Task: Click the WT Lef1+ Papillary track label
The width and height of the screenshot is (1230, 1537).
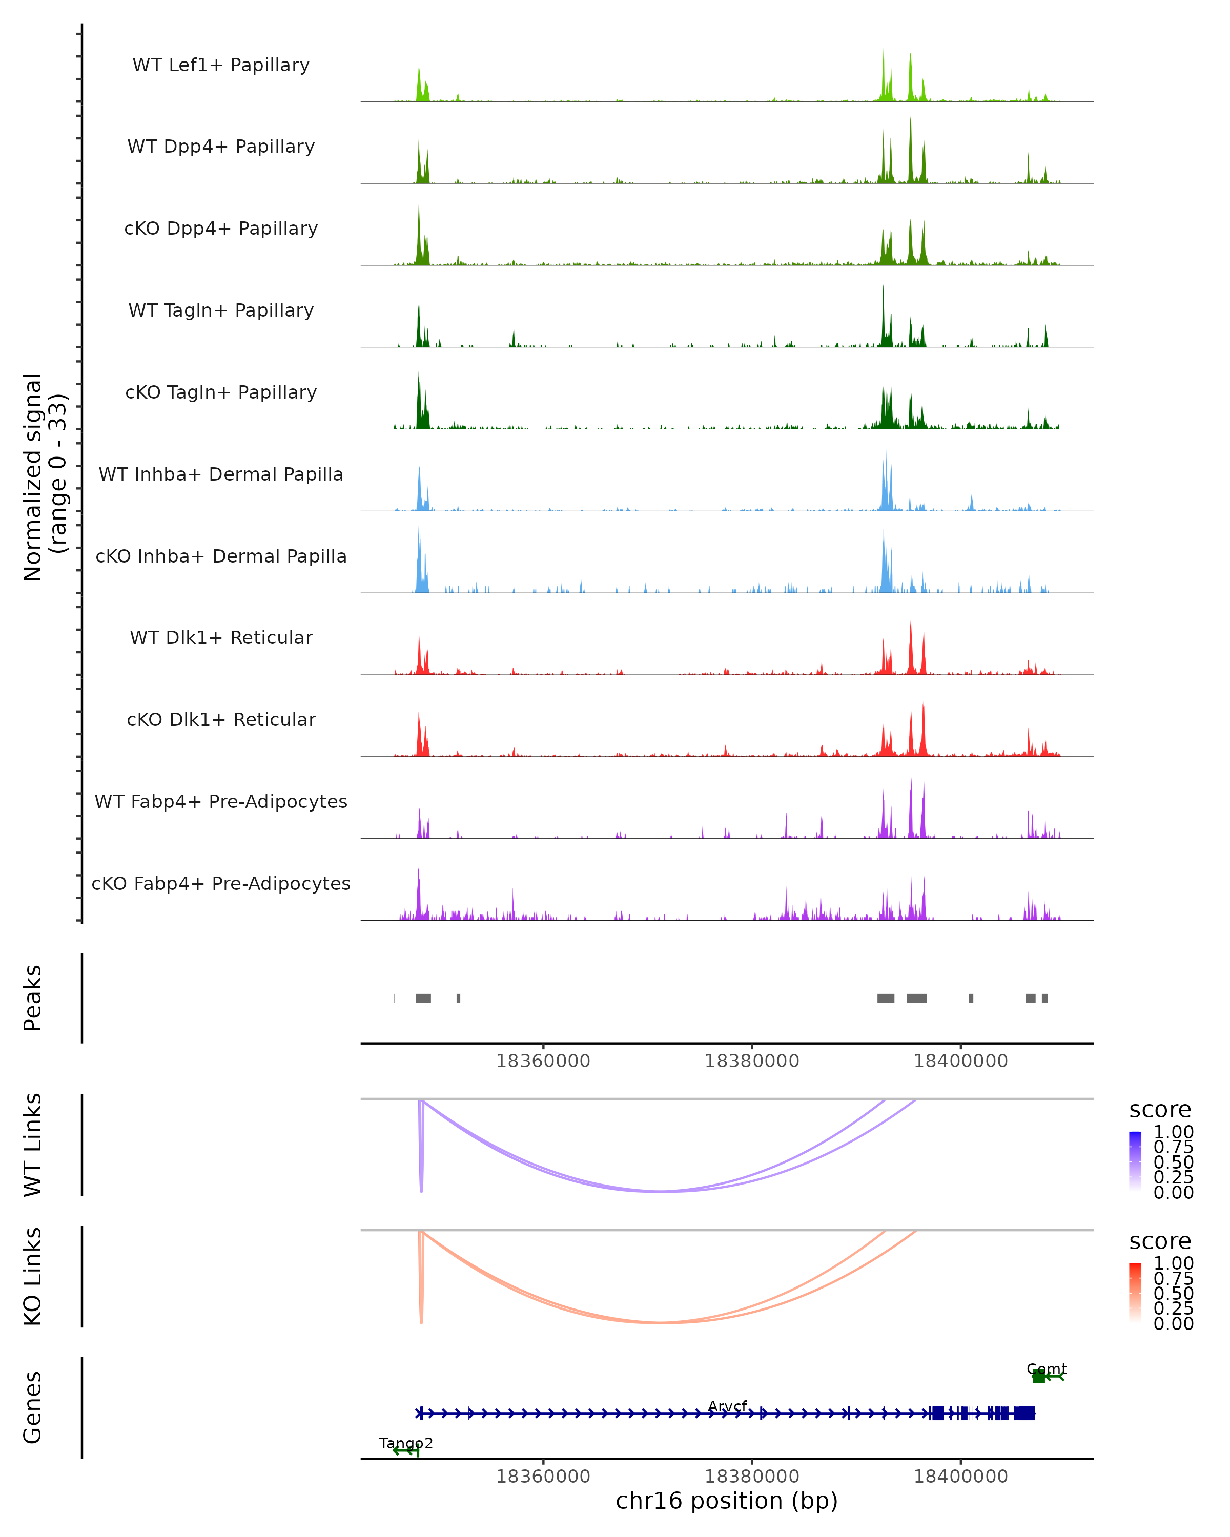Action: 221,65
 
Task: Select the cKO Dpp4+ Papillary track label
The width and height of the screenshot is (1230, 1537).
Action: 221,229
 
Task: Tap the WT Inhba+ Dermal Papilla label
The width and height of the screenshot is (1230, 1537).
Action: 221,475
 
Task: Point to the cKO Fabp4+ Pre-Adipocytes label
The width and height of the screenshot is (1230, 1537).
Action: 221,884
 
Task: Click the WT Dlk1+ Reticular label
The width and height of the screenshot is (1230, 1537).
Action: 221,638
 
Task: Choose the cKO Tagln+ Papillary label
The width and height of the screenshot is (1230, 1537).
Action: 221,393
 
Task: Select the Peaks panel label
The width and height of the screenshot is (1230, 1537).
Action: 33,998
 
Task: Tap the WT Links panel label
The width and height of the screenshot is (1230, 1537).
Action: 33,1144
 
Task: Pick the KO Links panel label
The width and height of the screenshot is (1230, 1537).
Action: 33,1277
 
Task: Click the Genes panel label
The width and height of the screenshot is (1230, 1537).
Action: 33,1407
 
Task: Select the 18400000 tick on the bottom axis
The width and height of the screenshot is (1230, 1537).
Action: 960,1477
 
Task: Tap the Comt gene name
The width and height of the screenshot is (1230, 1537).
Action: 1046,1369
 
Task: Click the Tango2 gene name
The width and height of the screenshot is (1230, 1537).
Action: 406,1443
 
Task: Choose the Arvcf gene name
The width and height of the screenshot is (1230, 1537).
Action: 727,1406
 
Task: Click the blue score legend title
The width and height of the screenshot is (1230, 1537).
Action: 1160,1110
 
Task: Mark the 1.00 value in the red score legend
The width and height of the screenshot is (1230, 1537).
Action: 1174,1263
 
